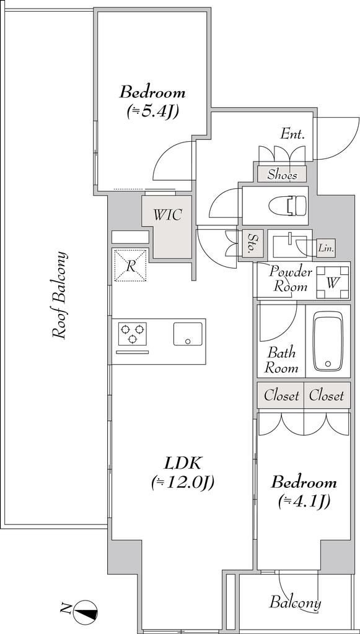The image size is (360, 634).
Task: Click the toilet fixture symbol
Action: click(x=289, y=205)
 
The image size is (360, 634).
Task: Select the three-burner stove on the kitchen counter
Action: click(x=132, y=334)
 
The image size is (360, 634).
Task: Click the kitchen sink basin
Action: click(x=188, y=334)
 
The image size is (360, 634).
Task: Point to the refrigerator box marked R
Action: click(x=130, y=266)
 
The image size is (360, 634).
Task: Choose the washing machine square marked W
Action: click(x=332, y=282)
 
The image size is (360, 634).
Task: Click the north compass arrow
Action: click(x=86, y=610)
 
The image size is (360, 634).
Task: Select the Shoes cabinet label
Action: click(x=283, y=175)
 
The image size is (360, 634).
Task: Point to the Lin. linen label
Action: click(x=326, y=249)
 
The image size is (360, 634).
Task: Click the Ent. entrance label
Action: click(x=293, y=134)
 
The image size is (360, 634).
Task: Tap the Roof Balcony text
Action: click(x=59, y=295)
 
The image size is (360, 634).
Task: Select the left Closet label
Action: click(x=281, y=396)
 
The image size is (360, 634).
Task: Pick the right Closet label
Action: click(x=327, y=396)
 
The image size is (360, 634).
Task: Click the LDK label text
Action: click(x=182, y=463)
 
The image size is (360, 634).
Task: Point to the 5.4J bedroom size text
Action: click(x=153, y=111)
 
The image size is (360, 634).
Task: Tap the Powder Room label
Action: click(x=291, y=279)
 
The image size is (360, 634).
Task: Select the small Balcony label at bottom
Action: click(x=296, y=603)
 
